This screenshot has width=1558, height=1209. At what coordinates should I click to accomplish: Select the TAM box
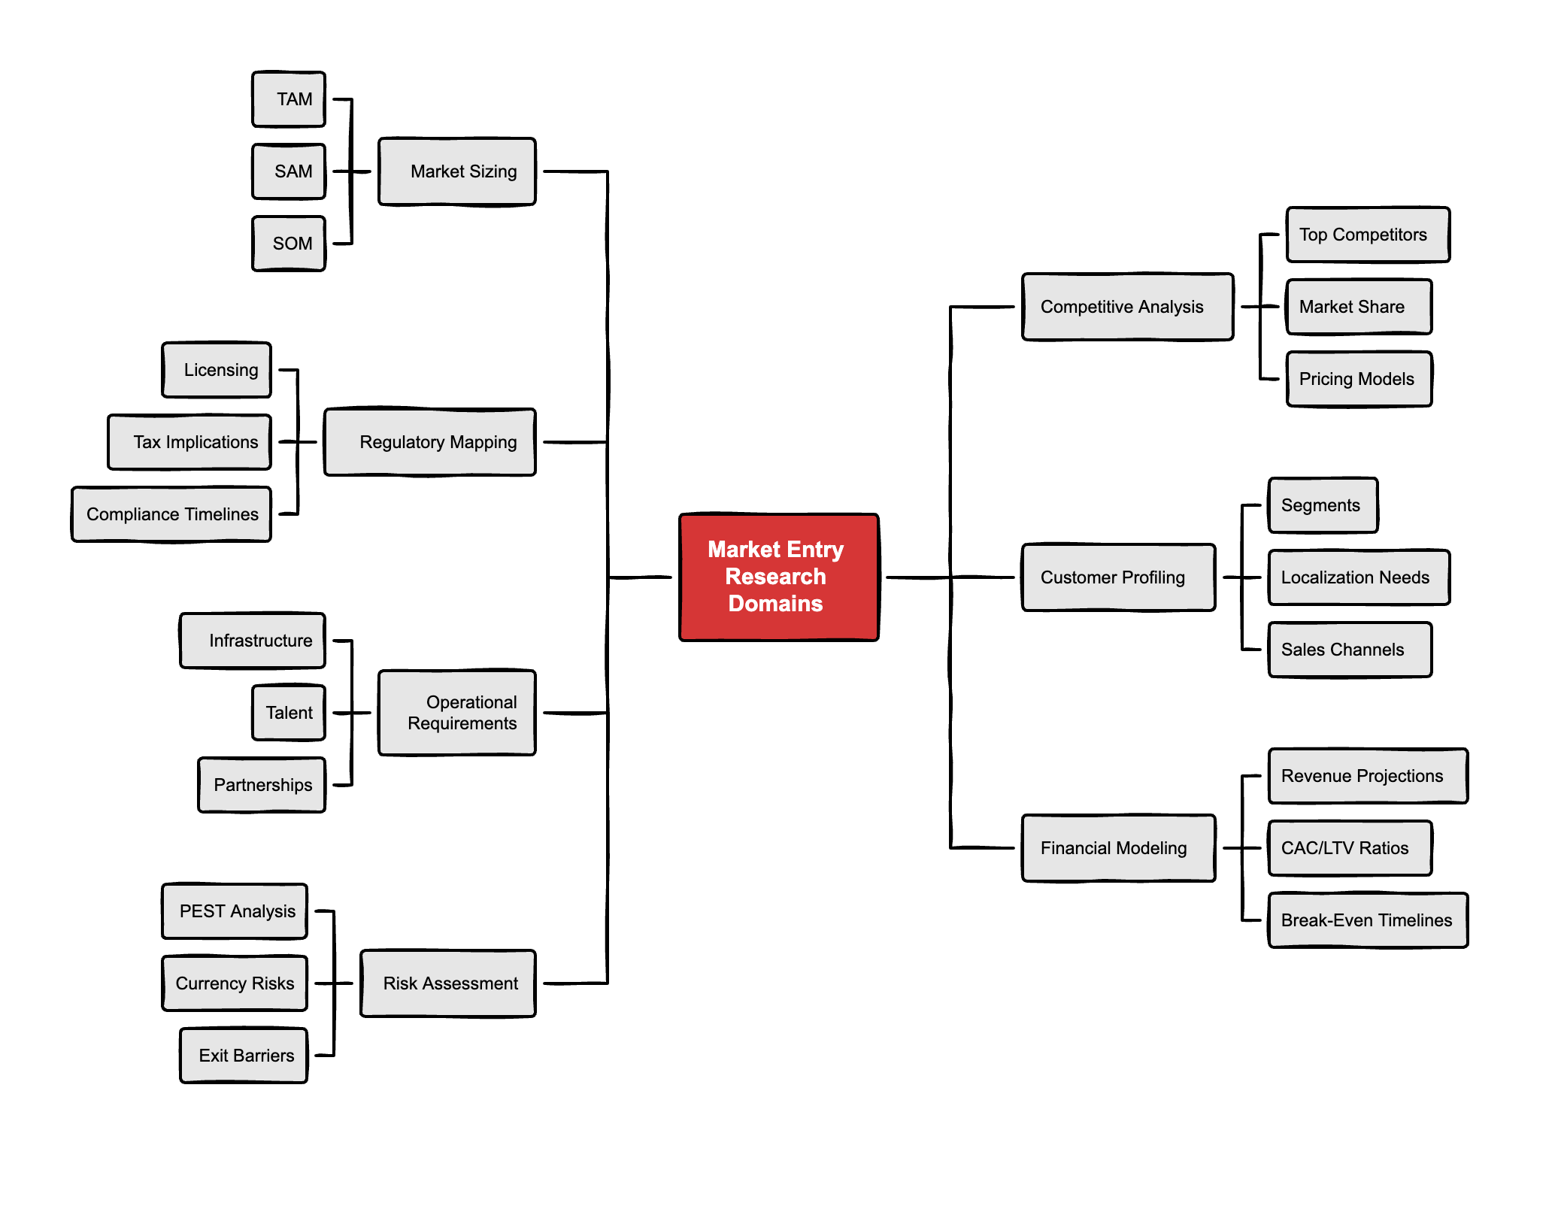289,99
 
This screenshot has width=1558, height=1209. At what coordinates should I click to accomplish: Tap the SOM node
289,244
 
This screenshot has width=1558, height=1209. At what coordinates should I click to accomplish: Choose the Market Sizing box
457,171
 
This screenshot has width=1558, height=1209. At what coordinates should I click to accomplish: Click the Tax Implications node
189,442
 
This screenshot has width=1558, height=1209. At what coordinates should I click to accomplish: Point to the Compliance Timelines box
171,514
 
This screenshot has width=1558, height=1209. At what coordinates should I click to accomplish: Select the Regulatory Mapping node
430,442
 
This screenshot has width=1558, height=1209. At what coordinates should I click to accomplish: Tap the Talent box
289,713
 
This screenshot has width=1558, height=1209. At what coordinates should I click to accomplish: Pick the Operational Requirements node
457,713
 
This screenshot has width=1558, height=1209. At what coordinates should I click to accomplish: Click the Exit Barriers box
244,1056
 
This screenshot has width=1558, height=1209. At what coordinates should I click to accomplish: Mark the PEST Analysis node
235,911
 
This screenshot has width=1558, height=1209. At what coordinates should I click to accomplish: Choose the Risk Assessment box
448,983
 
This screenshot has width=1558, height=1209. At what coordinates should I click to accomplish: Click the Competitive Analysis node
1128,307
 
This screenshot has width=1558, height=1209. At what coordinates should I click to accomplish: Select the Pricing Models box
1359,379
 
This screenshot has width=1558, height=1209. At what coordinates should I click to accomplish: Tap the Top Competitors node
1369,235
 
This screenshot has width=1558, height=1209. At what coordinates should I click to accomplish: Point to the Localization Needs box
1359,577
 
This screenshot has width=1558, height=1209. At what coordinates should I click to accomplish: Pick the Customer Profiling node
1119,577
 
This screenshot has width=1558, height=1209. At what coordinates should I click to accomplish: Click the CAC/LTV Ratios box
1350,848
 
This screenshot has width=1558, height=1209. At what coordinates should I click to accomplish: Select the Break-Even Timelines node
1369,920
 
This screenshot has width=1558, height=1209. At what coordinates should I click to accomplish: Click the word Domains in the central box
775,604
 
